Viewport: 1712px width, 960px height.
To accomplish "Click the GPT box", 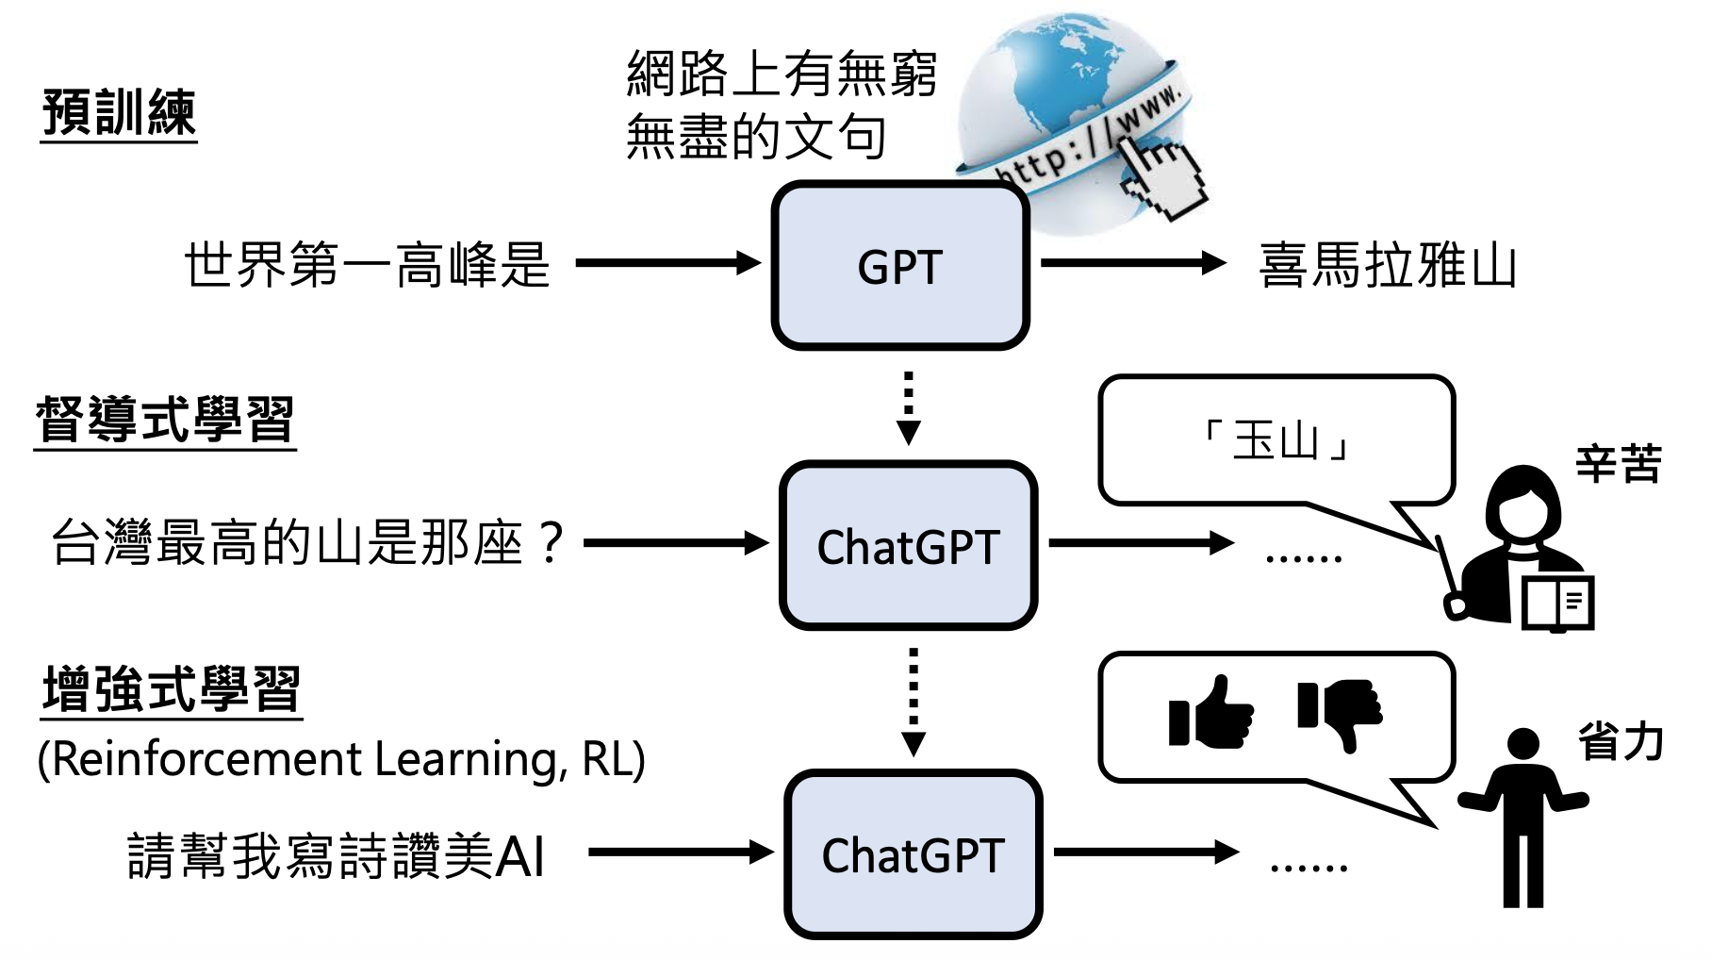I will pyautogui.click(x=900, y=266).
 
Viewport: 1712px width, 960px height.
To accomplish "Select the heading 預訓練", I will pyautogui.click(x=119, y=113).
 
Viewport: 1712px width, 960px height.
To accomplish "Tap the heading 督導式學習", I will pyautogui.click(x=165, y=420).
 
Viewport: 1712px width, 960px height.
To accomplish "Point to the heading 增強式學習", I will pyautogui.click(x=172, y=689).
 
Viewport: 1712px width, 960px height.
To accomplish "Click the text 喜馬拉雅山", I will pyautogui.click(x=1388, y=265).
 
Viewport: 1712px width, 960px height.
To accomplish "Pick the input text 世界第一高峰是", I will pyautogui.click(x=367, y=265).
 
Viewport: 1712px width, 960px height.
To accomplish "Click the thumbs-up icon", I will pyautogui.click(x=1210, y=713).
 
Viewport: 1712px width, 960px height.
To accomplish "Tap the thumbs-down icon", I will pyautogui.click(x=1340, y=713).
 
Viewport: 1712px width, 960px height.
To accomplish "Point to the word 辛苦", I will pyautogui.click(x=1618, y=464).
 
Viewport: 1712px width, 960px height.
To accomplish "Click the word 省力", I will pyautogui.click(x=1621, y=741).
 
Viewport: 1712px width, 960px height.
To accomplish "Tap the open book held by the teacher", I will pyautogui.click(x=1558, y=602).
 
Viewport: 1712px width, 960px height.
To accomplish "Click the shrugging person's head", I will pyautogui.click(x=1523, y=743).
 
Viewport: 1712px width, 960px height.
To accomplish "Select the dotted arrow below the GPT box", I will pyautogui.click(x=908, y=407).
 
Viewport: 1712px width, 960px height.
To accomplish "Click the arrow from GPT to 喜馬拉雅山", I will pyautogui.click(x=1132, y=263).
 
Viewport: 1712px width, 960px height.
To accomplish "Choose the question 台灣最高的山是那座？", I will pyautogui.click(x=307, y=543).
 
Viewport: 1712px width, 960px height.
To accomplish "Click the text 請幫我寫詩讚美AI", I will pyautogui.click(x=336, y=855).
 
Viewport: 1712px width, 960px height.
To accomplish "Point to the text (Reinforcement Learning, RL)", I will pyautogui.click(x=341, y=759).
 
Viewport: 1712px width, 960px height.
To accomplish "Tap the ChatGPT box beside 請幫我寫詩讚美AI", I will pyautogui.click(x=913, y=854).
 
